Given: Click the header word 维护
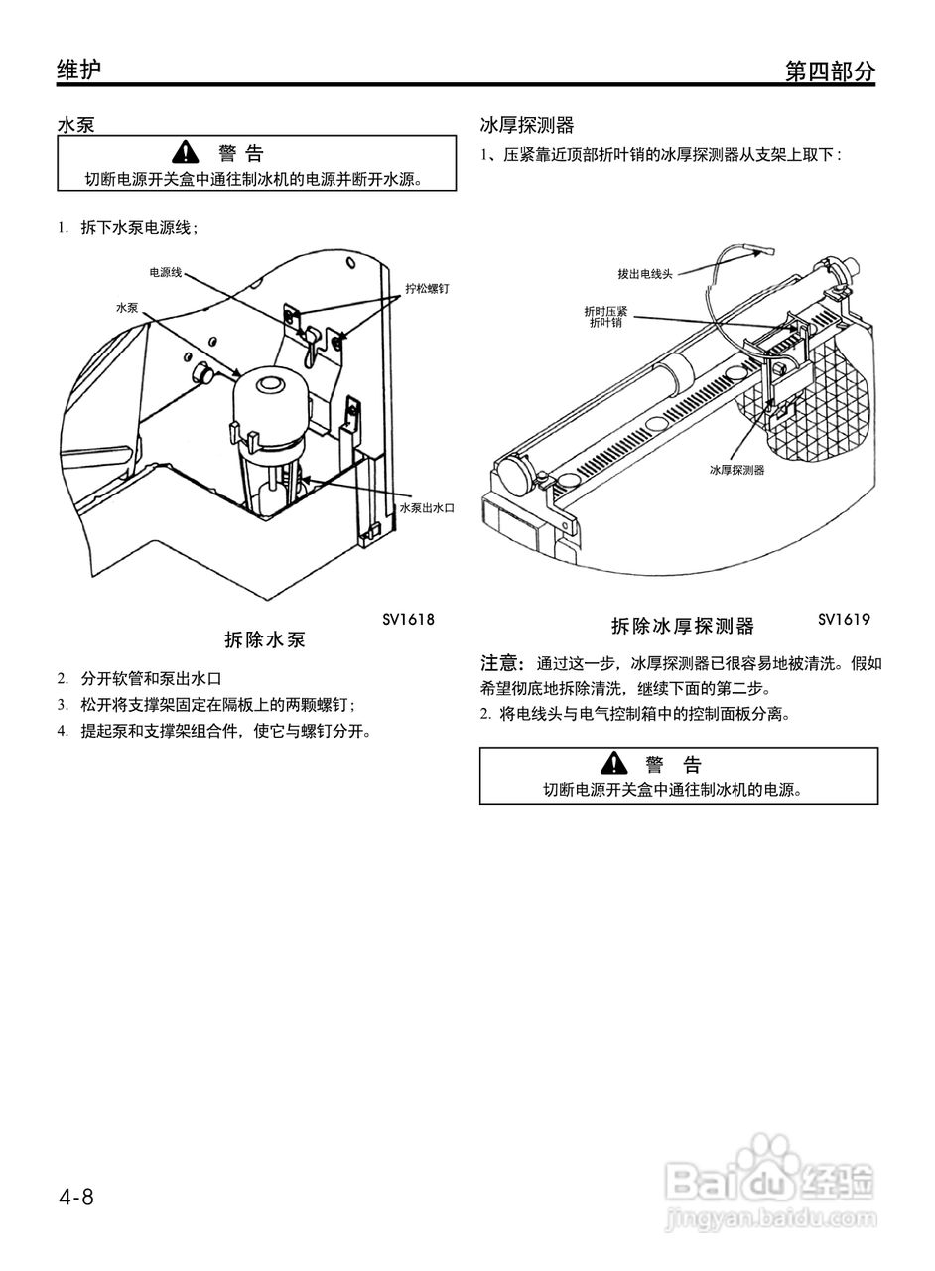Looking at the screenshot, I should point(78,70).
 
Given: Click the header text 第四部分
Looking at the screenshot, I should point(830,71).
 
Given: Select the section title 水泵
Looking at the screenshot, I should point(76,126).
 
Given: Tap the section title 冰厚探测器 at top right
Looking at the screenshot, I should point(526,126).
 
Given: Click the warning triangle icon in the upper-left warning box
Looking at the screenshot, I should point(185,153).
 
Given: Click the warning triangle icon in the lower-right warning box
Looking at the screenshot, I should point(614,764).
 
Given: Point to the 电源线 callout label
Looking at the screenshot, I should point(165,271).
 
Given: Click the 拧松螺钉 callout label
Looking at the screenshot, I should point(427,288).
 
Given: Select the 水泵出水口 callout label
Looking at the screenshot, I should point(426,507).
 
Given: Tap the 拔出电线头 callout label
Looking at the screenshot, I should point(644,274).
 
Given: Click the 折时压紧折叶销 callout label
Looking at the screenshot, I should point(604,317).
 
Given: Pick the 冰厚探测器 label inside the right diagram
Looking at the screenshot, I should point(736,470).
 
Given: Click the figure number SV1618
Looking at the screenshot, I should point(408,619).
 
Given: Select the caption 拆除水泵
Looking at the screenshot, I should point(265,640).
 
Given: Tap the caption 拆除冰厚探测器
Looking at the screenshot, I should point(682,627).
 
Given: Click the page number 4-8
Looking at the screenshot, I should point(75,1197).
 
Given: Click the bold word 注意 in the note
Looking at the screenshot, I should point(502,663).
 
